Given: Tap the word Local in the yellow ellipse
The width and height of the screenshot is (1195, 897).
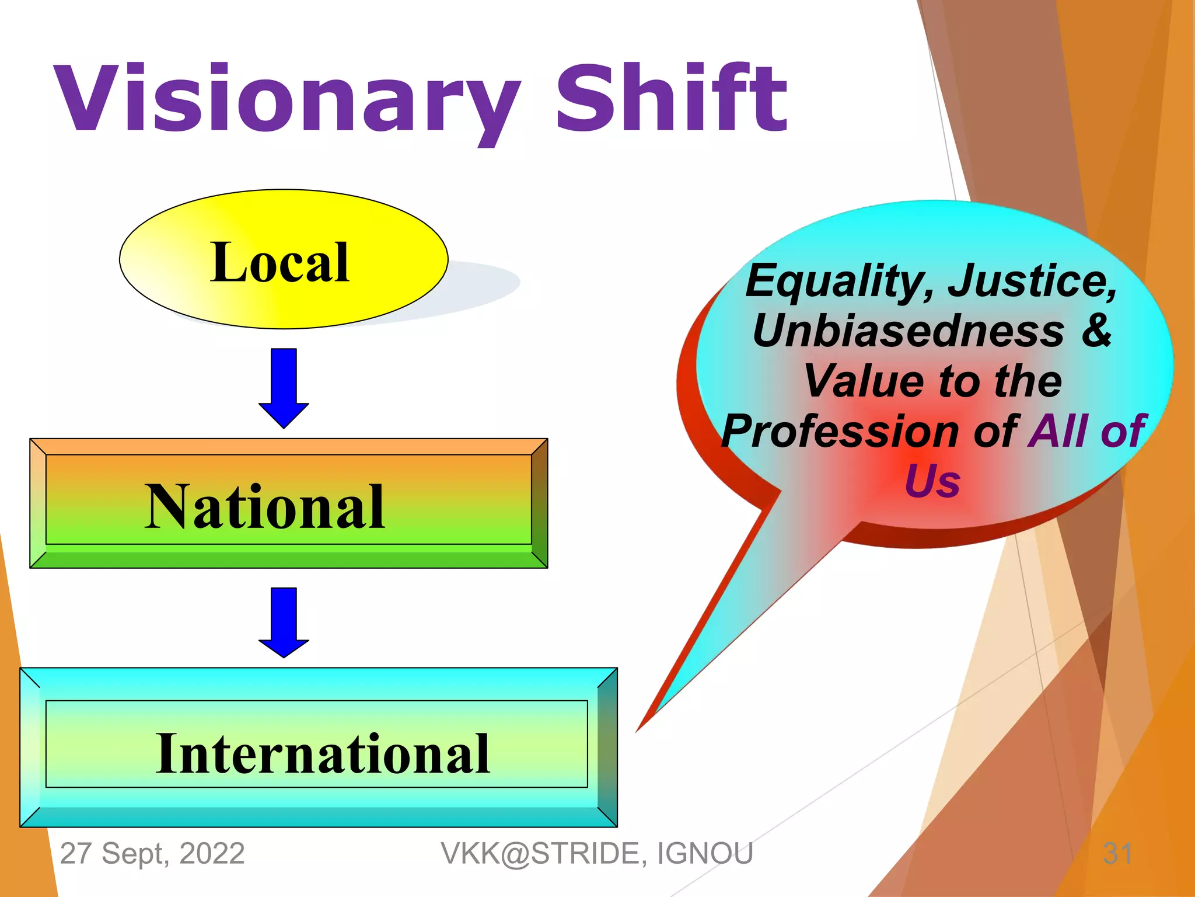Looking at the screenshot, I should coord(280,263).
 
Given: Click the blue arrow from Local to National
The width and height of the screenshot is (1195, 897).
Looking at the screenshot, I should coord(284,388).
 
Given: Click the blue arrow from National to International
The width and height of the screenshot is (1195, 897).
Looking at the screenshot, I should coord(284,623).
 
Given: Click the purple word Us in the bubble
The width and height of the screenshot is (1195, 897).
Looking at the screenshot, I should coord(932,482).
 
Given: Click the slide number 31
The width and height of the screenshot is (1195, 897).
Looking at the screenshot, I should coord(1117,853).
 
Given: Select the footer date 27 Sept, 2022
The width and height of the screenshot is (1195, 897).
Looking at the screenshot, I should coord(152,853).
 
